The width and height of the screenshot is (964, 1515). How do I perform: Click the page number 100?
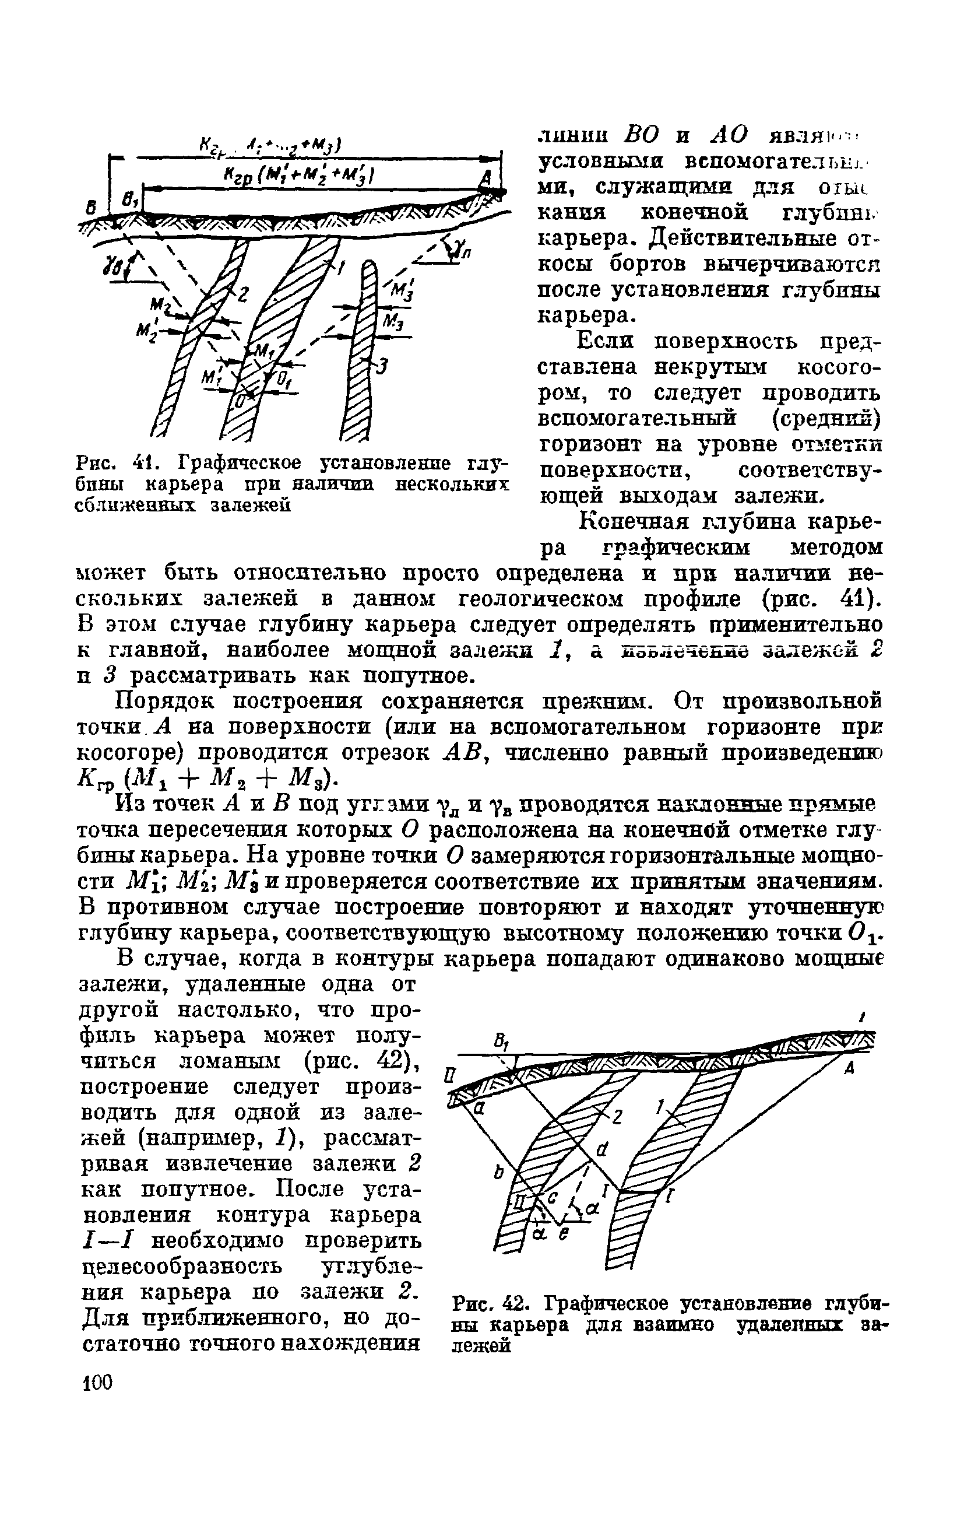click(x=97, y=1383)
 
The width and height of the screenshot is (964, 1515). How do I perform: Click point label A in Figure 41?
click(x=484, y=181)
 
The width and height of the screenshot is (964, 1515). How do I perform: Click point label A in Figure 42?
click(x=848, y=1069)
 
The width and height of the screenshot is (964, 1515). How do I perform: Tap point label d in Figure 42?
click(x=601, y=1150)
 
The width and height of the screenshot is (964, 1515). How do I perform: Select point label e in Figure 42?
click(x=564, y=1235)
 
